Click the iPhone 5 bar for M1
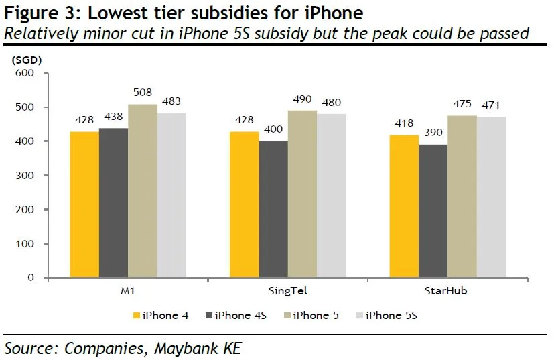tap(142, 190)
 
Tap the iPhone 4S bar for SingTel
tap(273, 208)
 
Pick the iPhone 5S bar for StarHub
tap(491, 196)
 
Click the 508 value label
tap(142, 96)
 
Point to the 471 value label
tap(491, 105)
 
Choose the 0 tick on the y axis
tap(31, 278)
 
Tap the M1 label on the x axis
tap(127, 292)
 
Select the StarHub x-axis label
tap(447, 292)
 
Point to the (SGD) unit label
tap(27, 59)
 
